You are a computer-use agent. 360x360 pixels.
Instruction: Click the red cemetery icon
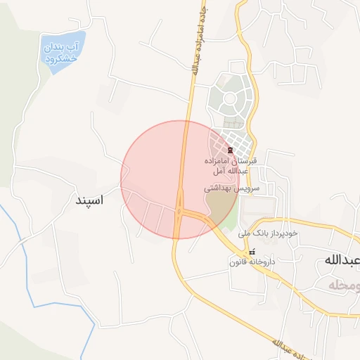point(230,150)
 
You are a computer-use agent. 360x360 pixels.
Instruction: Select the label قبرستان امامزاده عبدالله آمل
point(230,166)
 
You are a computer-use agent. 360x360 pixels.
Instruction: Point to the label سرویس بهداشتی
point(231,188)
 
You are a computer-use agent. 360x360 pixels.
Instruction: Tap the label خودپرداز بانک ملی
point(268,232)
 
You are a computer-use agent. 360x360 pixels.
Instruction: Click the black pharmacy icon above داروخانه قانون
point(251,252)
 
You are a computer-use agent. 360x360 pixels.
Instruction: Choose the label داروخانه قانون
point(250,262)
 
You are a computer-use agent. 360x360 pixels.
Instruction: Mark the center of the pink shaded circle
point(180,179)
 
